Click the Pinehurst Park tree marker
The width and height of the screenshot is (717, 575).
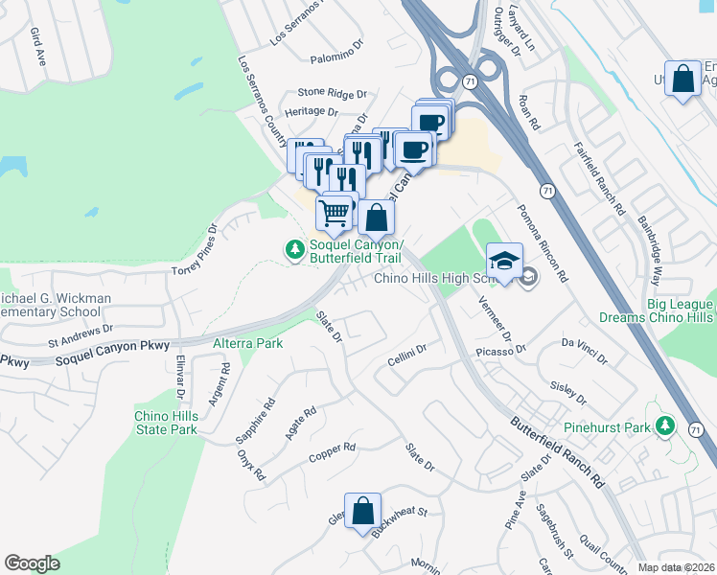[x=664, y=425]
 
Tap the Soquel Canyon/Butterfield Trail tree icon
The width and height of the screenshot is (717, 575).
[x=294, y=249]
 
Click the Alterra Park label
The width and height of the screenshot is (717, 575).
[x=248, y=343]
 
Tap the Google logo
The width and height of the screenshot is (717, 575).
[x=33, y=563]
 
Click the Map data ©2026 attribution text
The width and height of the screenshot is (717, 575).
[x=676, y=567]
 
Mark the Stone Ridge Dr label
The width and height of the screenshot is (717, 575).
[x=332, y=93]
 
